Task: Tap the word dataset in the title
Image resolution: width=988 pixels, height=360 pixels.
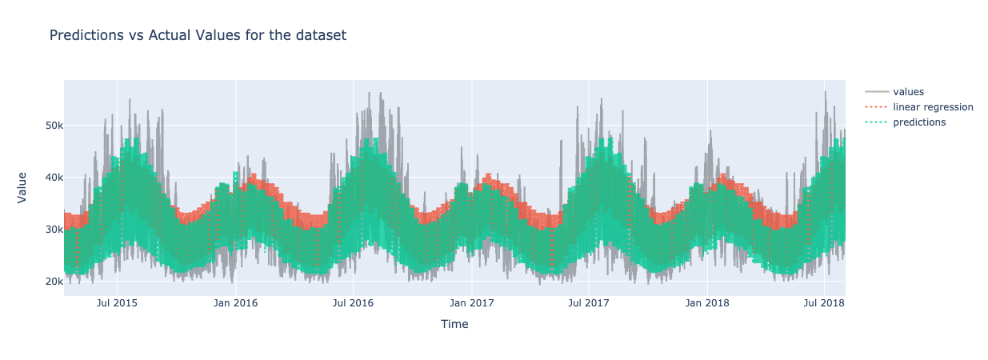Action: click(321, 35)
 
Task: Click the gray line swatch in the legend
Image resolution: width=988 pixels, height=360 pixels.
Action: click(877, 92)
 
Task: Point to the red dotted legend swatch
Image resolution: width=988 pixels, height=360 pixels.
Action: click(877, 107)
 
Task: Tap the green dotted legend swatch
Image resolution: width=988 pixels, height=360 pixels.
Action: click(877, 122)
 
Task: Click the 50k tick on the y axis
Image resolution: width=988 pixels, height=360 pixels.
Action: click(53, 126)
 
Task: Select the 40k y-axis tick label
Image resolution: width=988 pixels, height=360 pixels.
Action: click(53, 178)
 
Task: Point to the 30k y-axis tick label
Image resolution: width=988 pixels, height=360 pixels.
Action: click(53, 230)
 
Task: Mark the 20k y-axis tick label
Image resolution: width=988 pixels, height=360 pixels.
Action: click(53, 282)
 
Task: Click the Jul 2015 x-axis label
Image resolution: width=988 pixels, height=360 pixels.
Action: click(117, 303)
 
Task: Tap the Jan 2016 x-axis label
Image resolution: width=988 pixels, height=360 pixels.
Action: click(235, 303)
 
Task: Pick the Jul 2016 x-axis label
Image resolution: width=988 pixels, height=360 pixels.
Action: click(353, 303)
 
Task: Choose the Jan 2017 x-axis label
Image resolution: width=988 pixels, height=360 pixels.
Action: click(471, 303)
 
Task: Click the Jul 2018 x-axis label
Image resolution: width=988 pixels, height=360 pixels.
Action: click(824, 303)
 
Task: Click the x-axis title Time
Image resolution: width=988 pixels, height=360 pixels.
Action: click(454, 324)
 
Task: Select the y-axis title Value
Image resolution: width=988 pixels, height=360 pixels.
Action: click(22, 187)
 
